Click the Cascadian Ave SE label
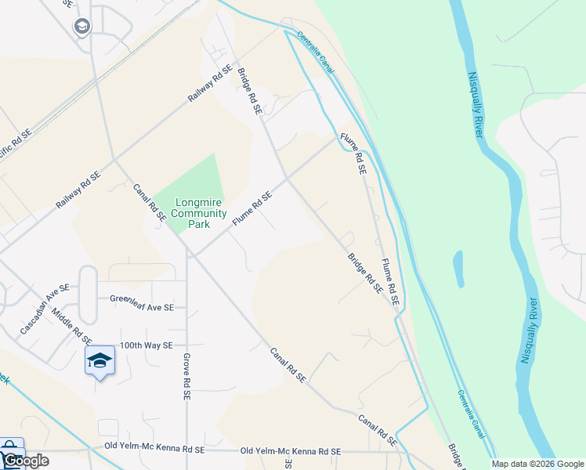[45, 309]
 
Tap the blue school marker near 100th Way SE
[99, 361]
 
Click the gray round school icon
[82, 27]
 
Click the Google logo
[25, 461]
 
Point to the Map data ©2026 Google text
[537, 464]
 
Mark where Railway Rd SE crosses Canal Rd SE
[115, 160]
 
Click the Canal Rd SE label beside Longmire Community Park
[148, 203]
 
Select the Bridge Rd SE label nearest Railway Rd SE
[249, 90]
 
